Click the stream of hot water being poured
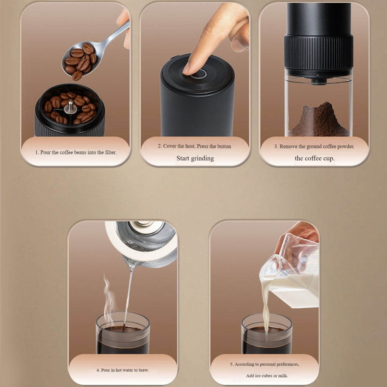128,296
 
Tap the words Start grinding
195,158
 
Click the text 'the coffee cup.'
315,158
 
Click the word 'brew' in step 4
144,370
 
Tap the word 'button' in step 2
224,146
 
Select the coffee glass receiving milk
267,333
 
